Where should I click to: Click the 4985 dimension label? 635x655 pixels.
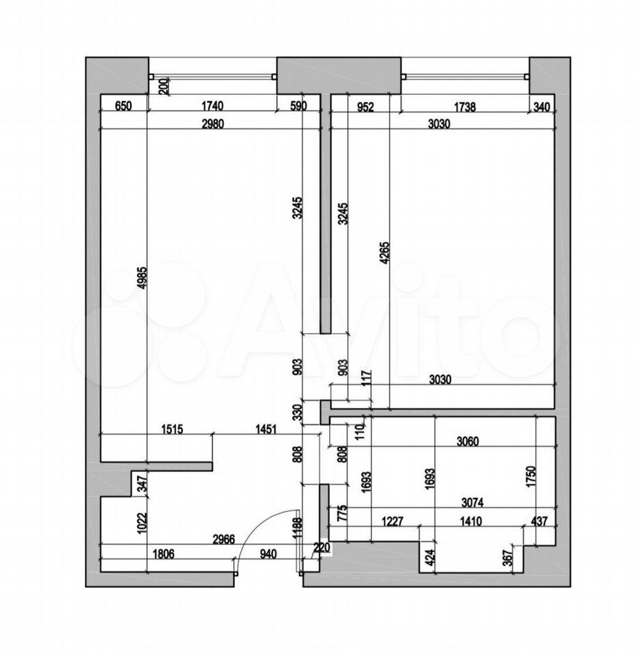tap(142, 278)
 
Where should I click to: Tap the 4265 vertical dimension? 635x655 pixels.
tap(384, 252)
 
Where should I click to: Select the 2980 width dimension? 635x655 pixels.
tap(212, 124)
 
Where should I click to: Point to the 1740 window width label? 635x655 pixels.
tap(212, 106)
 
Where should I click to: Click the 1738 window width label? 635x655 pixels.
tap(465, 107)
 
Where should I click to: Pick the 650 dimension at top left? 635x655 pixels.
tap(123, 106)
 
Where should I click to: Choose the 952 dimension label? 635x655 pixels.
tap(365, 107)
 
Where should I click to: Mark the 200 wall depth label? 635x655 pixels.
tap(163, 86)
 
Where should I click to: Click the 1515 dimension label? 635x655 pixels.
tap(172, 429)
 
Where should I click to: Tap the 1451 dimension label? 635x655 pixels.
tap(266, 429)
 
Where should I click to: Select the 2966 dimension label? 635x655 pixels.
tap(224, 539)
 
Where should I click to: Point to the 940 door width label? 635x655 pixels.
tap(268, 554)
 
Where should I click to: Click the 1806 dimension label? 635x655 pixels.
tap(163, 554)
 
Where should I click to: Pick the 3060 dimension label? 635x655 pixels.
tap(467, 441)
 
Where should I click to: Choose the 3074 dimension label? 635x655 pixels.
tap(472, 503)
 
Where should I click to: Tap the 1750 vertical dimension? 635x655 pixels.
tap(531, 478)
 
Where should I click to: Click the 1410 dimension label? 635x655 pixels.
tap(470, 521)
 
